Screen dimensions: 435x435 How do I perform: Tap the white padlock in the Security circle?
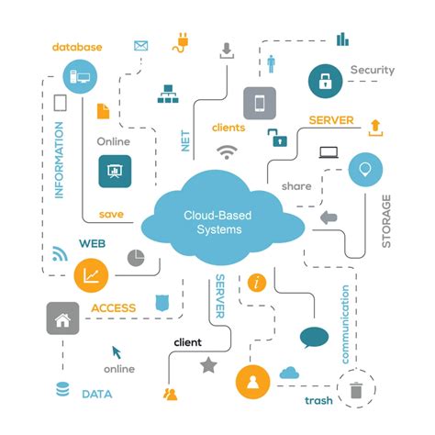coord(325,80)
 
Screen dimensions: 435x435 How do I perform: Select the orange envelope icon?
coord(141,45)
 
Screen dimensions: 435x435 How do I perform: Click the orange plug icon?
coord(182,42)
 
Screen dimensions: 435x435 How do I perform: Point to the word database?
coord(77,47)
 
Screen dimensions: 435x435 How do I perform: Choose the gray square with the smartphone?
coord(260,104)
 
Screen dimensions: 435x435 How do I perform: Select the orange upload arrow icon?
coord(374,126)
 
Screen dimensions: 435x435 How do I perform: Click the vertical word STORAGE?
coord(386,220)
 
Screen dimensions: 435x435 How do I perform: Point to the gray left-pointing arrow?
coord(329,217)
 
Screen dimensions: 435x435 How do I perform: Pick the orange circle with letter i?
coord(257,282)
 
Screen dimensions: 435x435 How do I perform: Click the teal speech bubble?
coord(314,338)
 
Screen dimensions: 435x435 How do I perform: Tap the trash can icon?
coord(356,389)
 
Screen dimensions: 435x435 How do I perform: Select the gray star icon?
coord(208,364)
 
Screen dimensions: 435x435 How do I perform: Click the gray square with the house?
coord(62,320)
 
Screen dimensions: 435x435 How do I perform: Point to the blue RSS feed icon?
coord(61,253)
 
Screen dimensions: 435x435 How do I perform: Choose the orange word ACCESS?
coord(113,308)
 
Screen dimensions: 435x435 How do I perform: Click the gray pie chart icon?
coord(136,258)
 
